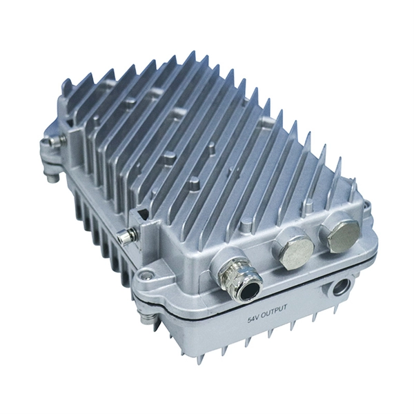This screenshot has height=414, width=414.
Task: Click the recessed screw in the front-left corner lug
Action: (145, 276)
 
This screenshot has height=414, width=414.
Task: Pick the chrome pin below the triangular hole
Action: (126, 235)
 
